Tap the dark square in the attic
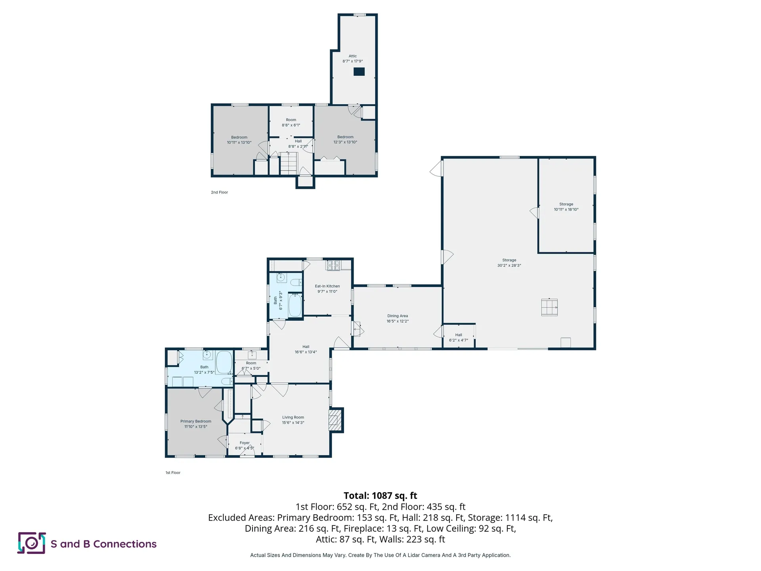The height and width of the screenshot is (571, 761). pyautogui.click(x=359, y=72)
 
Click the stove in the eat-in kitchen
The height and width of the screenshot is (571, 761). pyautogui.click(x=333, y=265)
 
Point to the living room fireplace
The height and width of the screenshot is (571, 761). pyautogui.click(x=335, y=420)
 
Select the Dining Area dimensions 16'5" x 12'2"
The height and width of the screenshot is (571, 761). pyautogui.click(x=398, y=321)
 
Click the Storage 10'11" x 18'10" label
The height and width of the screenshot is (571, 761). pyautogui.click(x=566, y=207)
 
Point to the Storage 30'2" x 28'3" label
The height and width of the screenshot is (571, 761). pyautogui.click(x=509, y=263)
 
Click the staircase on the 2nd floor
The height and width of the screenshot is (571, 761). pyautogui.click(x=289, y=163)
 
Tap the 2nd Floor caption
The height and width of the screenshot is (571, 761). pyautogui.click(x=220, y=192)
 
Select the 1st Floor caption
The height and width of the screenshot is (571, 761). pyautogui.click(x=173, y=473)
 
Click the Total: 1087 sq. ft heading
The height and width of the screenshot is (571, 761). pyautogui.click(x=380, y=496)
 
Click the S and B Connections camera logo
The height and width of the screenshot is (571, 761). pyautogui.click(x=32, y=543)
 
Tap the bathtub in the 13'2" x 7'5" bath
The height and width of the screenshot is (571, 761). pyautogui.click(x=224, y=362)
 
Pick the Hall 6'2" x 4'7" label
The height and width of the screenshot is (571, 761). pyautogui.click(x=459, y=337)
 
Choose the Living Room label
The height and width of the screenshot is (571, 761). pyautogui.click(x=293, y=420)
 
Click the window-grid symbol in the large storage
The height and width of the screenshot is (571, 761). pyautogui.click(x=549, y=307)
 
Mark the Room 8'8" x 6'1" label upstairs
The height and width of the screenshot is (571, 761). pyautogui.click(x=291, y=123)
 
